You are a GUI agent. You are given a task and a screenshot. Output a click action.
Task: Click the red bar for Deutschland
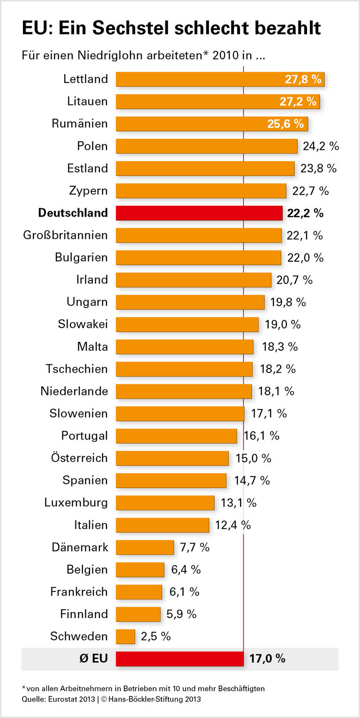pos(199,213)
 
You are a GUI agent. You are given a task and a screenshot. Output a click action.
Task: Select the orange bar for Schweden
pos(126,636)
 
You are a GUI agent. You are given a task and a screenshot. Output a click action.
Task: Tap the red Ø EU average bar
pos(180,658)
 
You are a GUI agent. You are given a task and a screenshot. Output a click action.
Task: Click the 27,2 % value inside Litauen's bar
pos(300,102)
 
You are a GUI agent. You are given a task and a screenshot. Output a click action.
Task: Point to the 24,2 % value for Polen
pos(321,146)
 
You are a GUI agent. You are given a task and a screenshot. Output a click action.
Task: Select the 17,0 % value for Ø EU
pos(267,658)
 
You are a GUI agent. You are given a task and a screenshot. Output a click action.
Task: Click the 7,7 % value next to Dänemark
pos(195,547)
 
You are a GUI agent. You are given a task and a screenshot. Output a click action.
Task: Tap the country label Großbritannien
pos(66,235)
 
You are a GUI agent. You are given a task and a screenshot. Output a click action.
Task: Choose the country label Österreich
pos(79,458)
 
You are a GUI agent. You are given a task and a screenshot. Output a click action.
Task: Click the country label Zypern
pos(88,191)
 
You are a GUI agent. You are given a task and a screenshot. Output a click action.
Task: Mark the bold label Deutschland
pos(73,213)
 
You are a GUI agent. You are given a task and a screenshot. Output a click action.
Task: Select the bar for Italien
pos(162,525)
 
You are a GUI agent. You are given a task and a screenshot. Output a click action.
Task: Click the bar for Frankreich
pos(139,592)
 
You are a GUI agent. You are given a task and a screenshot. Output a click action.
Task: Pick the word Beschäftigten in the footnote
pos(244,688)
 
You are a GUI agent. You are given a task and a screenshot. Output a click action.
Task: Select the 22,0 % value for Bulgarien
pos(305,257)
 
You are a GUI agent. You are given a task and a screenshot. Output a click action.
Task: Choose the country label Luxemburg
pos(76,503)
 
